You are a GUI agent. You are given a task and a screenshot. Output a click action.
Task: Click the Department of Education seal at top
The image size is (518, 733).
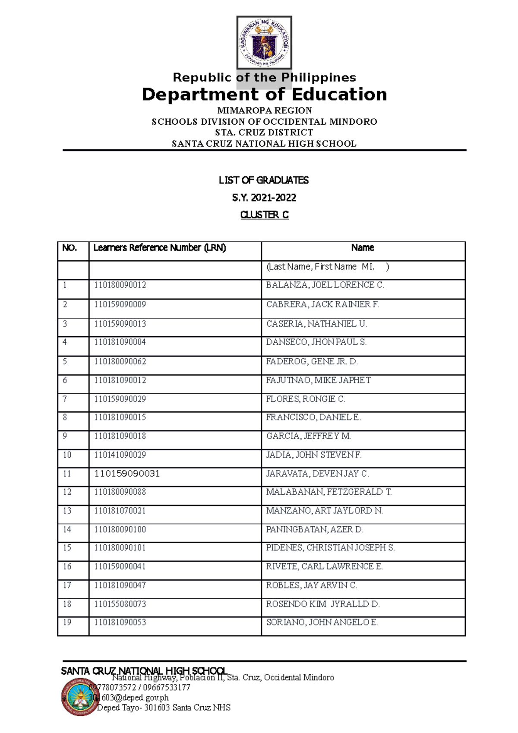264,42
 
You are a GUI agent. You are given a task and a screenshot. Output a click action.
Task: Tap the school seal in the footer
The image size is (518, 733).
80,697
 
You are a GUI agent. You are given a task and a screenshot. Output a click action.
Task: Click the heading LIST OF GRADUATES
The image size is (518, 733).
264,180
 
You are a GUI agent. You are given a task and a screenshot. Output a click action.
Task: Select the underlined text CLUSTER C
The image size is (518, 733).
264,215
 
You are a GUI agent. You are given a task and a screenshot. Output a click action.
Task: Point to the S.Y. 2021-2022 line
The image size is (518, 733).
264,198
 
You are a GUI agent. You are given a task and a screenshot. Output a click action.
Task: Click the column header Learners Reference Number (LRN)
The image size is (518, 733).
160,248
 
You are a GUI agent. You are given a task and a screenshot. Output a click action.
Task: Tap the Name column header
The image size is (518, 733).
363,248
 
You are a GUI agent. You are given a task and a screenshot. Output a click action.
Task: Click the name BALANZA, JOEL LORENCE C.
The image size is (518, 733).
325,285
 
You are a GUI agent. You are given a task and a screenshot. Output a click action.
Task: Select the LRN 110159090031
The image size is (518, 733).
127,474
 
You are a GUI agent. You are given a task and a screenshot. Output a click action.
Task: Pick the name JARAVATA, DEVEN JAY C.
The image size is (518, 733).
317,474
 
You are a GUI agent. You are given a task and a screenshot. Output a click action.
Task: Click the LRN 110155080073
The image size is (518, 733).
120,604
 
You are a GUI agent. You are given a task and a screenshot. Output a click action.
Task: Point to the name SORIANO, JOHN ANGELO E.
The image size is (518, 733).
322,622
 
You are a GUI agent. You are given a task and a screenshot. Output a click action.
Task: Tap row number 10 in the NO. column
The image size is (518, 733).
67,455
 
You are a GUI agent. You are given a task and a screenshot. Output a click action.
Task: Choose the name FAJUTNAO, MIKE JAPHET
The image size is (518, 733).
318,380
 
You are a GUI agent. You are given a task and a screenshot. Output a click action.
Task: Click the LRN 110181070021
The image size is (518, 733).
120,511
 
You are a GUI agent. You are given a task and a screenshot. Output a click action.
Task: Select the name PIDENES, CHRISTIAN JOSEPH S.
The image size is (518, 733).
330,548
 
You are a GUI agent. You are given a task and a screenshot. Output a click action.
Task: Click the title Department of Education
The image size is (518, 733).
264,95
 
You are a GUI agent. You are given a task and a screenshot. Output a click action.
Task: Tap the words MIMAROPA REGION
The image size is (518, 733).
264,111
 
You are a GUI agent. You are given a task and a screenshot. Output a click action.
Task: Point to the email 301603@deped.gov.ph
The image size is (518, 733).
129,698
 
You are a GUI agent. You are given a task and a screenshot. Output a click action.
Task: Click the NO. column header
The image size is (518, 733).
69,248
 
